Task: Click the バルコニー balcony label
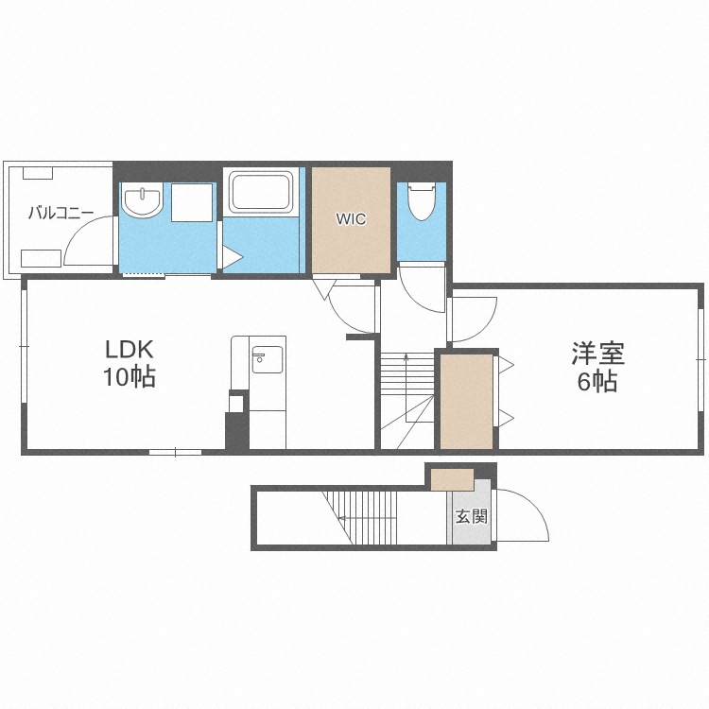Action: [61, 213]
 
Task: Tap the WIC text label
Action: [351, 219]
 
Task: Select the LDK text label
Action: [130, 349]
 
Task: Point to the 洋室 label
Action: [597, 354]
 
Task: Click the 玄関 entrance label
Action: [472, 516]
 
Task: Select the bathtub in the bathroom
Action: [261, 192]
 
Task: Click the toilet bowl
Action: [422, 201]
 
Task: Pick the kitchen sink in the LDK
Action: [268, 359]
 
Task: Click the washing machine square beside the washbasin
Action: [192, 202]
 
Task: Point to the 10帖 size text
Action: [130, 376]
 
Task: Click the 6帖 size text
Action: [597, 381]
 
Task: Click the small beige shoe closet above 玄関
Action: [452, 479]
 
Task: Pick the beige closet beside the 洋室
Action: [467, 402]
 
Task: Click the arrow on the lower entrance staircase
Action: [367, 518]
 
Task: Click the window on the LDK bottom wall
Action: [176, 452]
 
